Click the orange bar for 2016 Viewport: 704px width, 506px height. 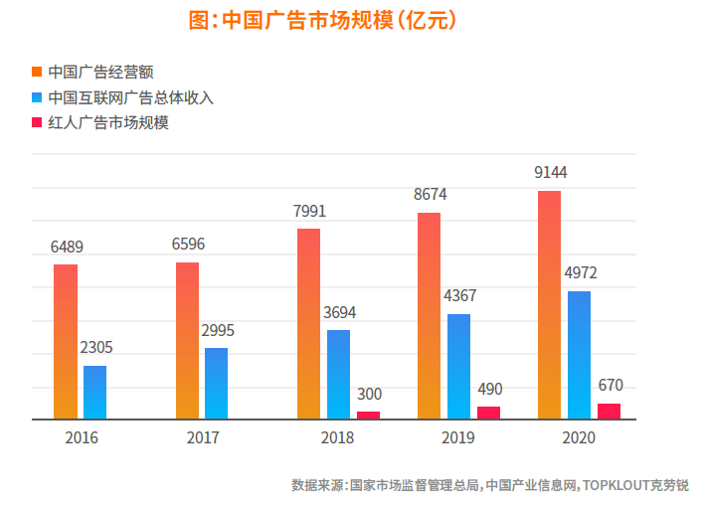(66, 341)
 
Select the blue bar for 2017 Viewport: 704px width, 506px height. (216, 383)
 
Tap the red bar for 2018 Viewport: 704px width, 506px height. (368, 415)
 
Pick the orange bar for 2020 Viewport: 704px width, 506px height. (549, 304)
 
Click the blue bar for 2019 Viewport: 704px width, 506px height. (458, 366)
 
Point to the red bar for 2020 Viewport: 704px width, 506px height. (609, 411)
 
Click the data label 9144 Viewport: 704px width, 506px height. (550, 172)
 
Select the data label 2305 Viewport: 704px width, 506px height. (95, 348)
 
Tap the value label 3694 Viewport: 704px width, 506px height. (339, 312)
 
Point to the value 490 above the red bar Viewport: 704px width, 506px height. (489, 389)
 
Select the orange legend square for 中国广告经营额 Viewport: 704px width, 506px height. (37, 72)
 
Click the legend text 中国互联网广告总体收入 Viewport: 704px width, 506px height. (130, 97)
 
